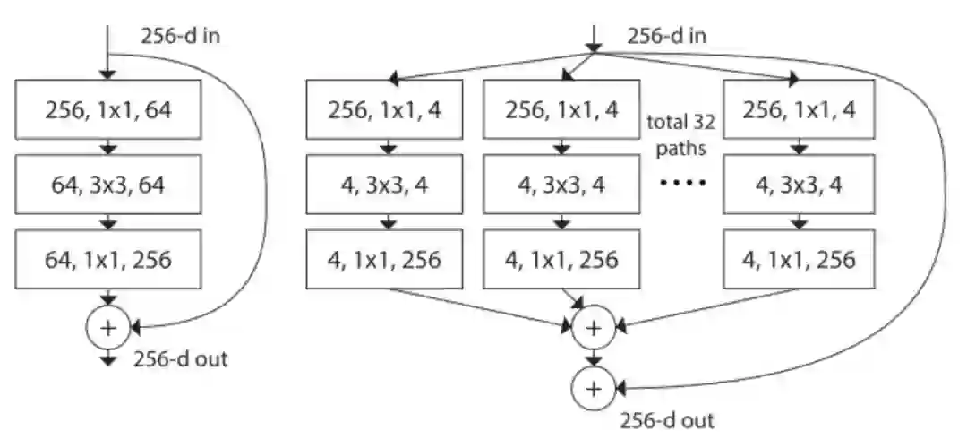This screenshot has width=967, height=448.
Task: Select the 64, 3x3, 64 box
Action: [108, 185]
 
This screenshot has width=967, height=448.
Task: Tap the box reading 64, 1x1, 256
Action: [108, 260]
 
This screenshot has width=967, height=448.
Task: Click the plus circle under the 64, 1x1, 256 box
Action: [108, 328]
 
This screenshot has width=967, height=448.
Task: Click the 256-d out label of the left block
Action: [180, 360]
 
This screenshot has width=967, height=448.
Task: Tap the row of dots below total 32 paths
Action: [682, 185]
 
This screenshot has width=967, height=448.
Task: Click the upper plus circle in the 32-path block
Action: [592, 328]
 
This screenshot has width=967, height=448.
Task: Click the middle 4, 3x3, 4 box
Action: [561, 185]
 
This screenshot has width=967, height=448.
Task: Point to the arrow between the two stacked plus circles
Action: [592, 358]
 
